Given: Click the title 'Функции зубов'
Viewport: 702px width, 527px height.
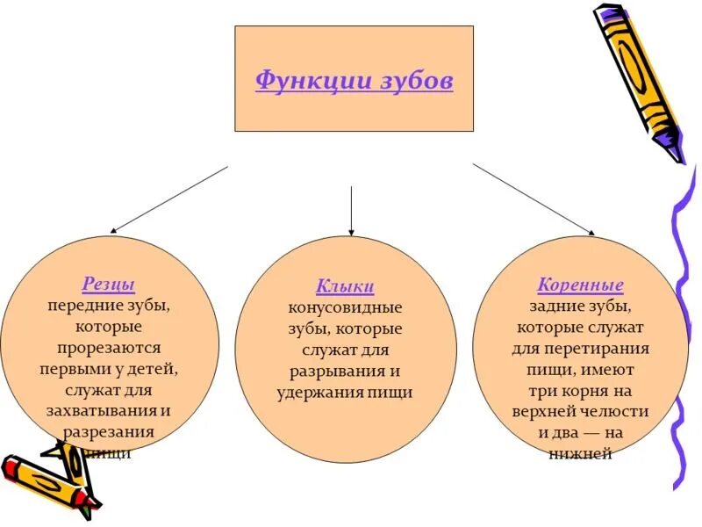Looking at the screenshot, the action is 354,81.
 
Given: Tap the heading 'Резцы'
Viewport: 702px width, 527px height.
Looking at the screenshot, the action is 109,285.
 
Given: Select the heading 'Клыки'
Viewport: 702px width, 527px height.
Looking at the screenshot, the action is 345,286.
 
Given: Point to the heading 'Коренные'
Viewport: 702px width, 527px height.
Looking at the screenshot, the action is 580,285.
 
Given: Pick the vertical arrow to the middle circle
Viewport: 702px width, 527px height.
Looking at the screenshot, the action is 351,211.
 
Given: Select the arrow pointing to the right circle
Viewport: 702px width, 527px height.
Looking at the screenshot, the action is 534,199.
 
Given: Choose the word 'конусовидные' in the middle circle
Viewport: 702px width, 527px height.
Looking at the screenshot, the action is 345,308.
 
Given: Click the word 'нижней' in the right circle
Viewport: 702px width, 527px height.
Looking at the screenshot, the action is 580,453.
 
